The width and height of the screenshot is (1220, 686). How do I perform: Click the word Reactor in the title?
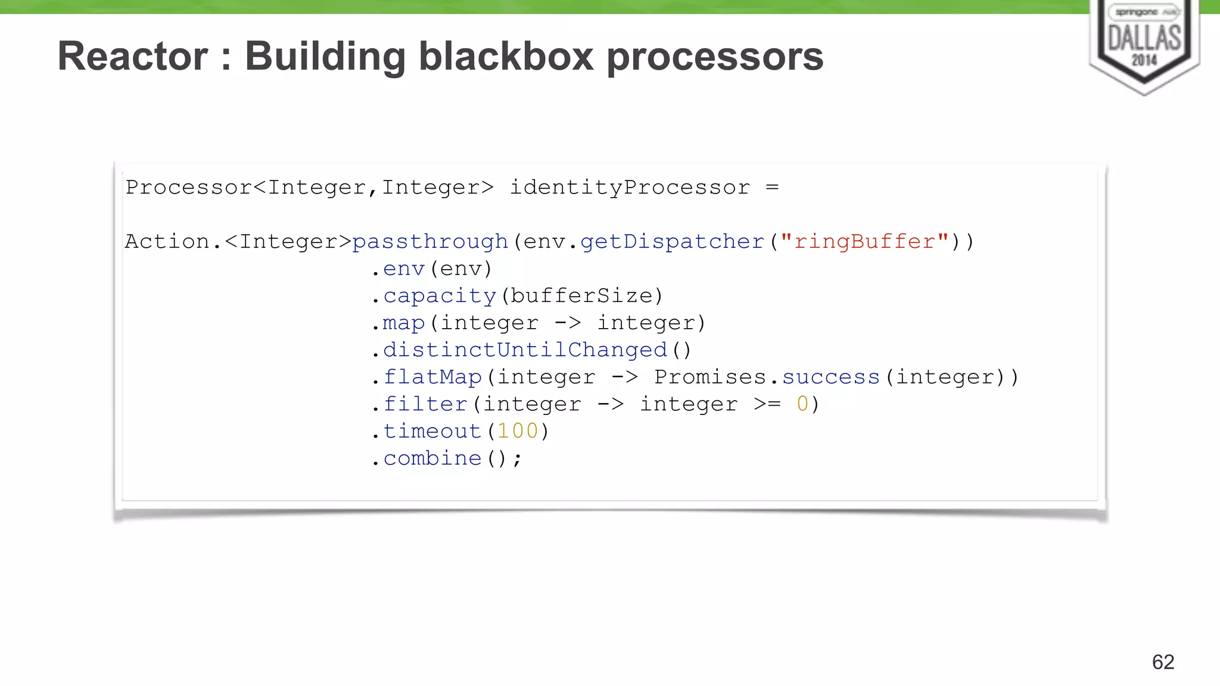(133, 57)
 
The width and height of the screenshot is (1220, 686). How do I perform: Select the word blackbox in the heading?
(506, 57)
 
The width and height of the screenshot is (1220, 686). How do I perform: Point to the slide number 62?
(1163, 662)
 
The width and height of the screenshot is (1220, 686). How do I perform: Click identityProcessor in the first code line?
(630, 188)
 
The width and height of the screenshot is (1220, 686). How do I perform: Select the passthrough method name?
(430, 242)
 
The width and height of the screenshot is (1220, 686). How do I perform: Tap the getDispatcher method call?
(672, 242)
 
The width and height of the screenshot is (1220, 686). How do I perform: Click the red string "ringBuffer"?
(864, 242)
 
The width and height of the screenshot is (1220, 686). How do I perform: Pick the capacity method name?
(439, 296)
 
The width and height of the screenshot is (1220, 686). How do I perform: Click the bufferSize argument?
(581, 296)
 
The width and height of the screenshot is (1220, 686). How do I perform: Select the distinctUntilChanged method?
(524, 350)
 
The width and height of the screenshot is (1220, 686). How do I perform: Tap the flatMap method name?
(432, 377)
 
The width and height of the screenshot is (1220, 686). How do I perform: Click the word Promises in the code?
(710, 377)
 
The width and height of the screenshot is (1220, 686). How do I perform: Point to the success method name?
(830, 377)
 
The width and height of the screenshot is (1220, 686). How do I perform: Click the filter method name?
(425, 404)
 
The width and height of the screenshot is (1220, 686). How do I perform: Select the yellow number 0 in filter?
(802, 404)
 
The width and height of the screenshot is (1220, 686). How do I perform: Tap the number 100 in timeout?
(518, 431)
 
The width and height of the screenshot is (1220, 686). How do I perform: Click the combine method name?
(432, 459)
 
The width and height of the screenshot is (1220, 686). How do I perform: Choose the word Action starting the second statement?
(167, 242)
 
